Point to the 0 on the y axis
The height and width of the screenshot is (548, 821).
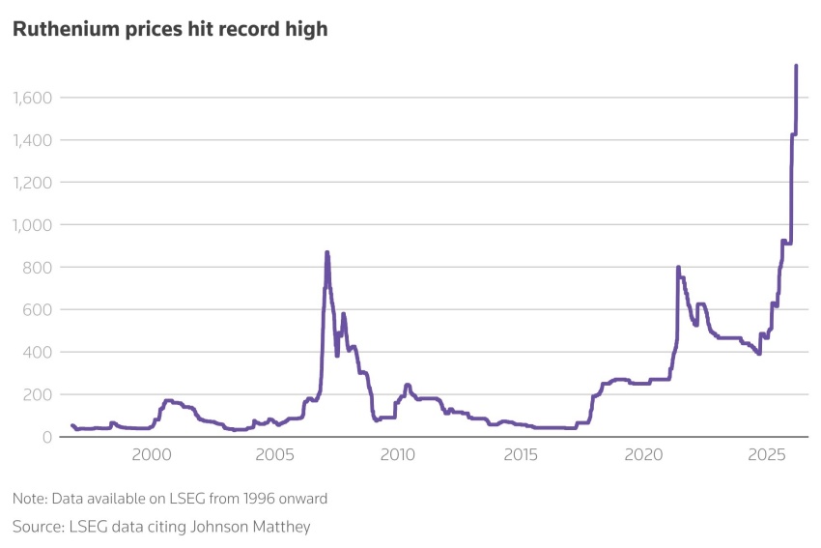coord(44,438)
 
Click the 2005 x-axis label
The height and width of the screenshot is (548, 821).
coord(273,455)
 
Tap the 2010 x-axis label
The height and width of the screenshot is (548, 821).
coord(397,455)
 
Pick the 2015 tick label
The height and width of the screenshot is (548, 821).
coord(521,455)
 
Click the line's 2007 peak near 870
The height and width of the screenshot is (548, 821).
coord(326,252)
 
